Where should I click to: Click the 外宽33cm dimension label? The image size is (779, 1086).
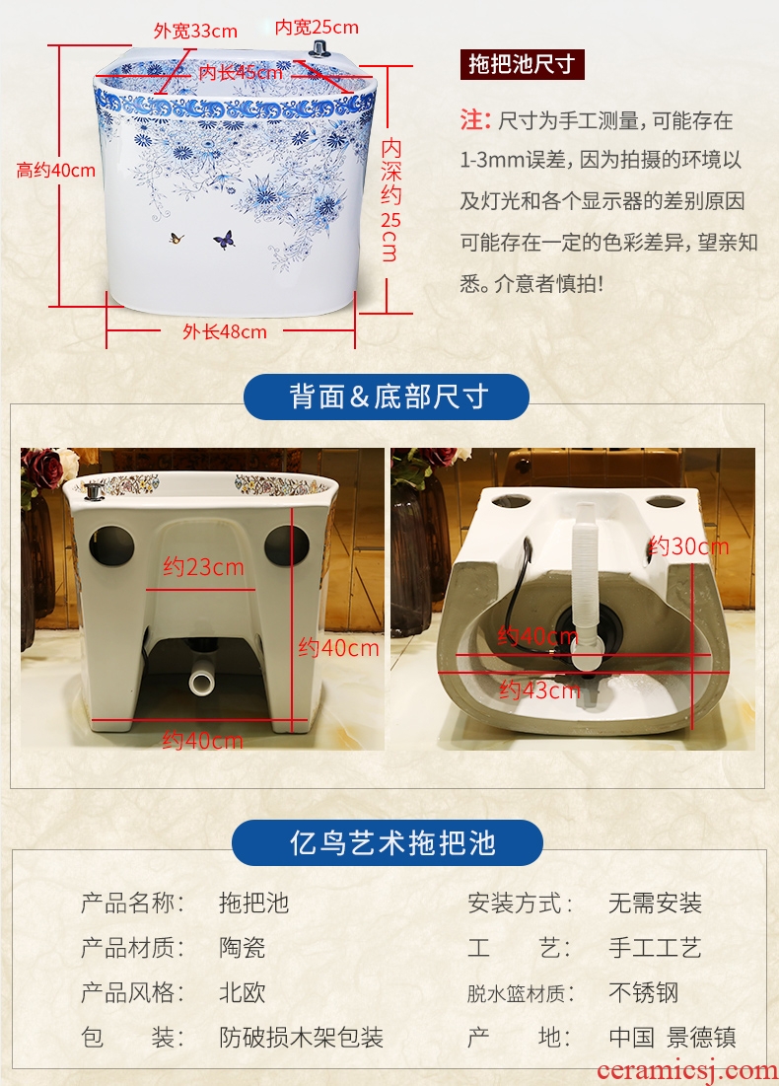coord(195,32)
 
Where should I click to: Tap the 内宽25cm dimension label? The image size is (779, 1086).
coord(317,27)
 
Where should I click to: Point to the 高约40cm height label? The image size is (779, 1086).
coord(56,171)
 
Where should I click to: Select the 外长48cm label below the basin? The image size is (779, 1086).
coord(225,332)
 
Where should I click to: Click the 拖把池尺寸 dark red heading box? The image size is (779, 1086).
coord(522,64)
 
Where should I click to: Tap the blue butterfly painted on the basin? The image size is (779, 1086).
coord(224,241)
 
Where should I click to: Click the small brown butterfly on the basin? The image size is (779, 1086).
coord(177,239)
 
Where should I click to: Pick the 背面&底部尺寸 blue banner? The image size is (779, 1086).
coord(387,397)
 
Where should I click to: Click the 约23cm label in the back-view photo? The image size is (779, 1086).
coord(203,567)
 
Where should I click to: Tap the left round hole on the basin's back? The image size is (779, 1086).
coord(111,544)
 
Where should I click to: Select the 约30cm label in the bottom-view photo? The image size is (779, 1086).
coord(689,546)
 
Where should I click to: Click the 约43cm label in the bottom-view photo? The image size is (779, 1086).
coord(540,689)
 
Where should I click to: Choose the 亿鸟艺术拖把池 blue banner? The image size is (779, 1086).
coord(388,843)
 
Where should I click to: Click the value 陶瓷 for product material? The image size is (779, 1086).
coord(243,948)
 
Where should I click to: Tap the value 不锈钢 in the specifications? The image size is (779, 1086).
coord(643,992)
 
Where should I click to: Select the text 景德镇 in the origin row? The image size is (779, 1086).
coord(701,1038)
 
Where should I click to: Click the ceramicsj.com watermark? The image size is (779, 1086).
coord(687,1071)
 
